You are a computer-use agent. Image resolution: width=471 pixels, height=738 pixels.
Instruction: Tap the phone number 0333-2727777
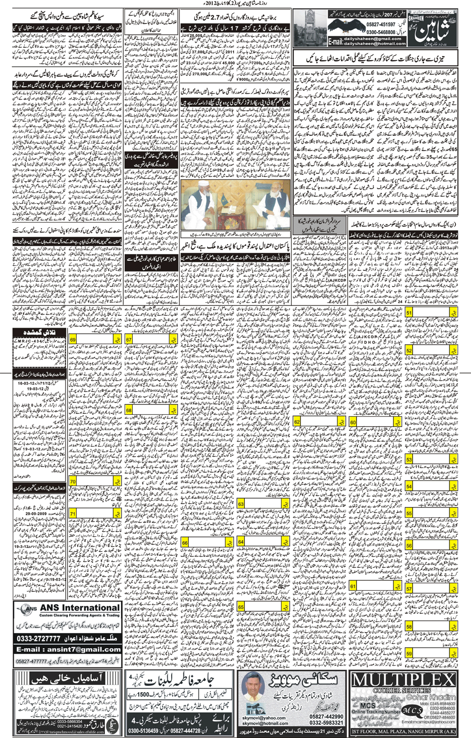coord(39,638)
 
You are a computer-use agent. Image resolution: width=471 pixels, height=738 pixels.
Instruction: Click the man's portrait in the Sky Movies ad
coord(253,691)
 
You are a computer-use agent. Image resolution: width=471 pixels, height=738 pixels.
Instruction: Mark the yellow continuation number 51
coord(409,313)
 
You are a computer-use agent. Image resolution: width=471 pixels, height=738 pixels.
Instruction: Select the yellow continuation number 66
coord(185,543)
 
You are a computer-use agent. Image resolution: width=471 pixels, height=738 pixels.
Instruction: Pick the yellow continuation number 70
coord(73,482)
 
